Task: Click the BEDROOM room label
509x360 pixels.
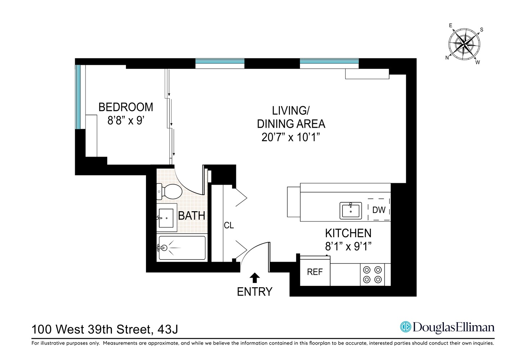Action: [x=126, y=107]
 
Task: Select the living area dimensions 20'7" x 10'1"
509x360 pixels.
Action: [x=291, y=137]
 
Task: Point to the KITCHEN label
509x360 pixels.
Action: [x=348, y=233]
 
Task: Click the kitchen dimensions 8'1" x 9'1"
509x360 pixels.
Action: [x=348, y=246]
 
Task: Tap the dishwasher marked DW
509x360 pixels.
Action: [x=379, y=210]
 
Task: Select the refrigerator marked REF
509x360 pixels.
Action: [x=315, y=272]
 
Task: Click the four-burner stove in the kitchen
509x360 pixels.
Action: [x=372, y=274]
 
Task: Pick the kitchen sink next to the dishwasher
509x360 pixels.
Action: [x=351, y=210]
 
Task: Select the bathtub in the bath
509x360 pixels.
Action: [x=182, y=247]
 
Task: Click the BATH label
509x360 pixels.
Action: [x=192, y=216]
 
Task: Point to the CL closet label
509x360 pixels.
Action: [x=229, y=225]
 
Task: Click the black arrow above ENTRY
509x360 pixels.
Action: [x=255, y=277]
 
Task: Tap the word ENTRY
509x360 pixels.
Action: [x=255, y=292]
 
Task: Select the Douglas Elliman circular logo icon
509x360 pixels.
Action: [x=406, y=327]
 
